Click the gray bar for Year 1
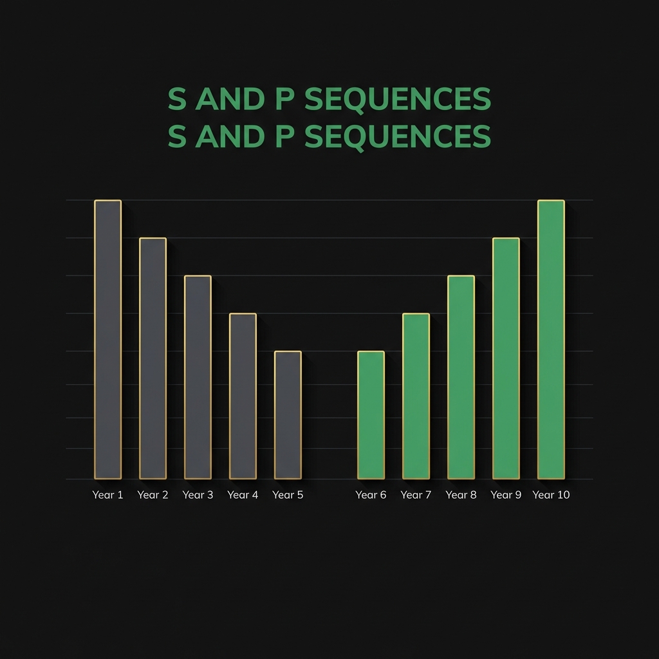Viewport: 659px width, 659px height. pos(107,340)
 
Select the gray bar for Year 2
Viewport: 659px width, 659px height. pos(153,358)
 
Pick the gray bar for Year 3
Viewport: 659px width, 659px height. pos(198,377)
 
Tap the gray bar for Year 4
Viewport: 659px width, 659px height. pos(243,396)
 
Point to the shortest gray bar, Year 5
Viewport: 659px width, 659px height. pos(288,415)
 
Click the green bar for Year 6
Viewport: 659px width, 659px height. pos(371,415)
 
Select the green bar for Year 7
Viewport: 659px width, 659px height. pos(416,396)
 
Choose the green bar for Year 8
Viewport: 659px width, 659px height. pos(461,377)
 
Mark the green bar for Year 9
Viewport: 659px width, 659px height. pos(506,358)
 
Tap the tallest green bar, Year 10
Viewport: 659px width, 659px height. pos(551,340)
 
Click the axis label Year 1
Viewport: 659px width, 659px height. pos(107,495)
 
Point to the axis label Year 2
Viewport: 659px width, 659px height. pos(153,495)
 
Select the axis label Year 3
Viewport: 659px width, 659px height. pos(198,495)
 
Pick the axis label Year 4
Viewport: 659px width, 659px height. pos(243,495)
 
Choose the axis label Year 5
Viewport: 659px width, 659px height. pos(288,495)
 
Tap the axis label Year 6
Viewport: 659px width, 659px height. pos(371,495)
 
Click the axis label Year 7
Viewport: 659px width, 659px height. pos(416,495)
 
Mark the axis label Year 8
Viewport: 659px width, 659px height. pos(461,495)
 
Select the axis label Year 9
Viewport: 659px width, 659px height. pos(506,495)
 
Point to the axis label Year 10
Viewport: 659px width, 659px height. pos(551,495)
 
